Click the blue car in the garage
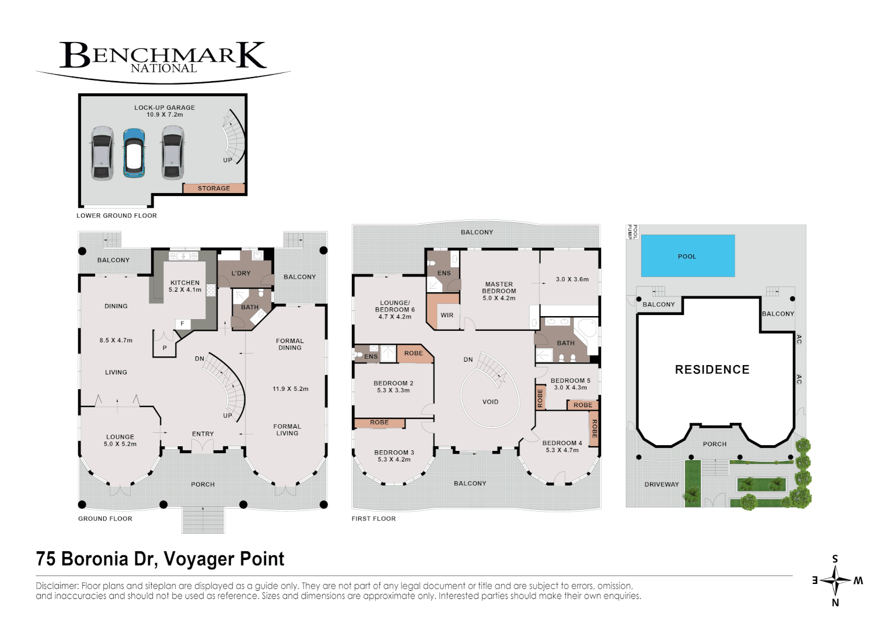pyautogui.click(x=134, y=153)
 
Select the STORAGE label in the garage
pyautogui.click(x=214, y=188)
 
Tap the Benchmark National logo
pyautogui.click(x=163, y=58)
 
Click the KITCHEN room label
pyautogui.click(x=185, y=283)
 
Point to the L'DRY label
pyautogui.click(x=240, y=273)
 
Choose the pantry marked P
pyautogui.click(x=165, y=348)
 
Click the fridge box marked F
pyautogui.click(x=183, y=324)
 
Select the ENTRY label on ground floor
pyautogui.click(x=202, y=434)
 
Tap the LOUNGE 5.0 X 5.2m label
pyautogui.click(x=120, y=440)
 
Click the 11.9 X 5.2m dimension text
pyautogui.click(x=290, y=389)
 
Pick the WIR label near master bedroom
pyautogui.click(x=447, y=316)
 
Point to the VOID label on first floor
pyautogui.click(x=490, y=402)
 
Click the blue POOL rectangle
pyautogui.click(x=687, y=256)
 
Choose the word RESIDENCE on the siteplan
pyautogui.click(x=712, y=370)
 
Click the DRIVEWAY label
pyautogui.click(x=661, y=485)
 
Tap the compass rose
pyautogui.click(x=835, y=580)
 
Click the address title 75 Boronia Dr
pyautogui.click(x=160, y=559)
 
